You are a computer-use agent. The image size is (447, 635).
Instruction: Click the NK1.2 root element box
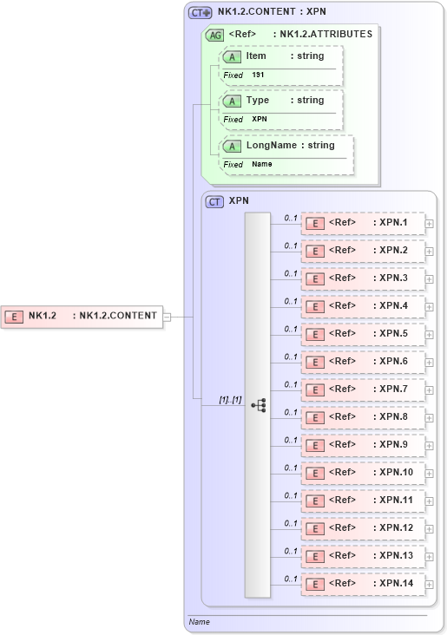pyautogui.click(x=82, y=316)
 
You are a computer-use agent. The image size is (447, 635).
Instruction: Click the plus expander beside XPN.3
pyautogui.click(x=430, y=279)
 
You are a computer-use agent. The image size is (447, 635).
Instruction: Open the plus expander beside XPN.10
pyautogui.click(x=430, y=474)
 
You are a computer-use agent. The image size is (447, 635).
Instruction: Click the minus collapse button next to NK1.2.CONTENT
pyautogui.click(x=168, y=317)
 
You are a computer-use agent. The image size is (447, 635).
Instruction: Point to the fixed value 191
pyautogui.click(x=258, y=75)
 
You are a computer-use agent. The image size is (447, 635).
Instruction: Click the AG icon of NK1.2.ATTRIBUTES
pyautogui.click(x=214, y=35)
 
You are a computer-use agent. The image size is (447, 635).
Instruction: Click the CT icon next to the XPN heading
pyautogui.click(x=214, y=201)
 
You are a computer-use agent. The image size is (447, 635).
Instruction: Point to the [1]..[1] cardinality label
pyautogui.click(x=230, y=398)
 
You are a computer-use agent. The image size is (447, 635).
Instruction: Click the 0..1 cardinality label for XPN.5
pyautogui.click(x=291, y=329)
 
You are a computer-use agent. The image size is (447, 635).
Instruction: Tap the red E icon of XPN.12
pyautogui.click(x=317, y=528)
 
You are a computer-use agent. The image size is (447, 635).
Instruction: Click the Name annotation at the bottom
pyautogui.click(x=199, y=622)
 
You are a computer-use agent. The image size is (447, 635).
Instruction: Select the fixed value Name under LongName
pyautogui.click(x=262, y=164)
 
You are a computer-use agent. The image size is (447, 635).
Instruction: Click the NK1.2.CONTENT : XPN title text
pyautogui.click(x=272, y=12)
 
